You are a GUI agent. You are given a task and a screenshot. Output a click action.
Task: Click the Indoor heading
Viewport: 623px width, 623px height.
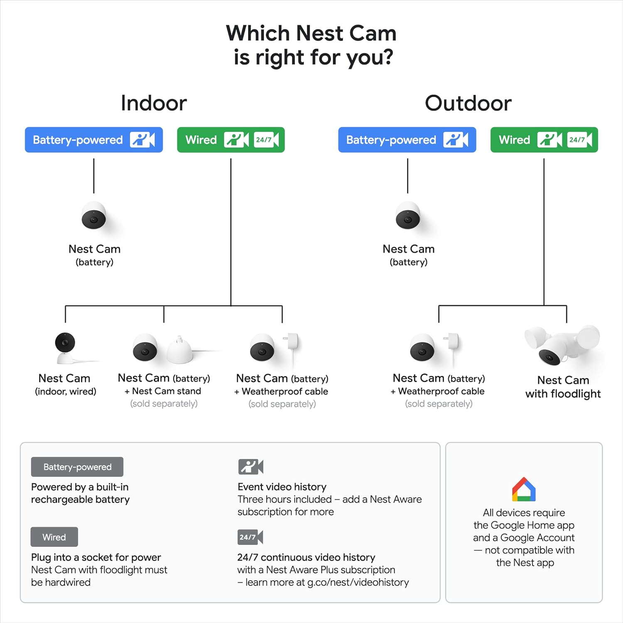pyautogui.click(x=154, y=103)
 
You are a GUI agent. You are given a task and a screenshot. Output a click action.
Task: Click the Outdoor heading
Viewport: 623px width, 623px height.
pyautogui.click(x=468, y=103)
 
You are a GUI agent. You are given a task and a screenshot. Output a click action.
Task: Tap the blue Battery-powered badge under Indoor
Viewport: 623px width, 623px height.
pyautogui.click(x=94, y=140)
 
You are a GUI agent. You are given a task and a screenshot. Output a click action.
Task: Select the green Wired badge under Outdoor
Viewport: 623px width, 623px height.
pyautogui.click(x=544, y=140)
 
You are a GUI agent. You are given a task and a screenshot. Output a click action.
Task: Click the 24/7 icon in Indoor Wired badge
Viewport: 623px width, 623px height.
pyautogui.click(x=266, y=140)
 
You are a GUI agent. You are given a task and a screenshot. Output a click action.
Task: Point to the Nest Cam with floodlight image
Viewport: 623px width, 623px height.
pyautogui.click(x=562, y=345)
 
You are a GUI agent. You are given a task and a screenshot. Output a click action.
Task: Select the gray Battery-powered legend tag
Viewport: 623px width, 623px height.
pyautogui.click(x=77, y=467)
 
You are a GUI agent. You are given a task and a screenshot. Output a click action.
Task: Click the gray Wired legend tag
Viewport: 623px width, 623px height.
pyautogui.click(x=54, y=537)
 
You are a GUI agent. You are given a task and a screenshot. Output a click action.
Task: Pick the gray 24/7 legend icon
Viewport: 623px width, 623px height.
pyautogui.click(x=250, y=537)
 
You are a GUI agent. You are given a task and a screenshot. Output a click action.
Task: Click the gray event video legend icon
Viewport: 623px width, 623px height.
pyautogui.click(x=250, y=467)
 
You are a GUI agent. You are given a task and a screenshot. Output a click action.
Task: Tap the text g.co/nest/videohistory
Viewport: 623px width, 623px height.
pyautogui.click(x=358, y=582)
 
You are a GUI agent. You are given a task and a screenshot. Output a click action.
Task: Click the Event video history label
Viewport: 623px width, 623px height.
pyautogui.click(x=282, y=487)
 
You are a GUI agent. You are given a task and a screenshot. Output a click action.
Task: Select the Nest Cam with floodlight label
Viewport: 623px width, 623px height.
pyautogui.click(x=563, y=387)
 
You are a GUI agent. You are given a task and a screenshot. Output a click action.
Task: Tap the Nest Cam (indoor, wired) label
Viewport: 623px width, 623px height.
pyautogui.click(x=65, y=385)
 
